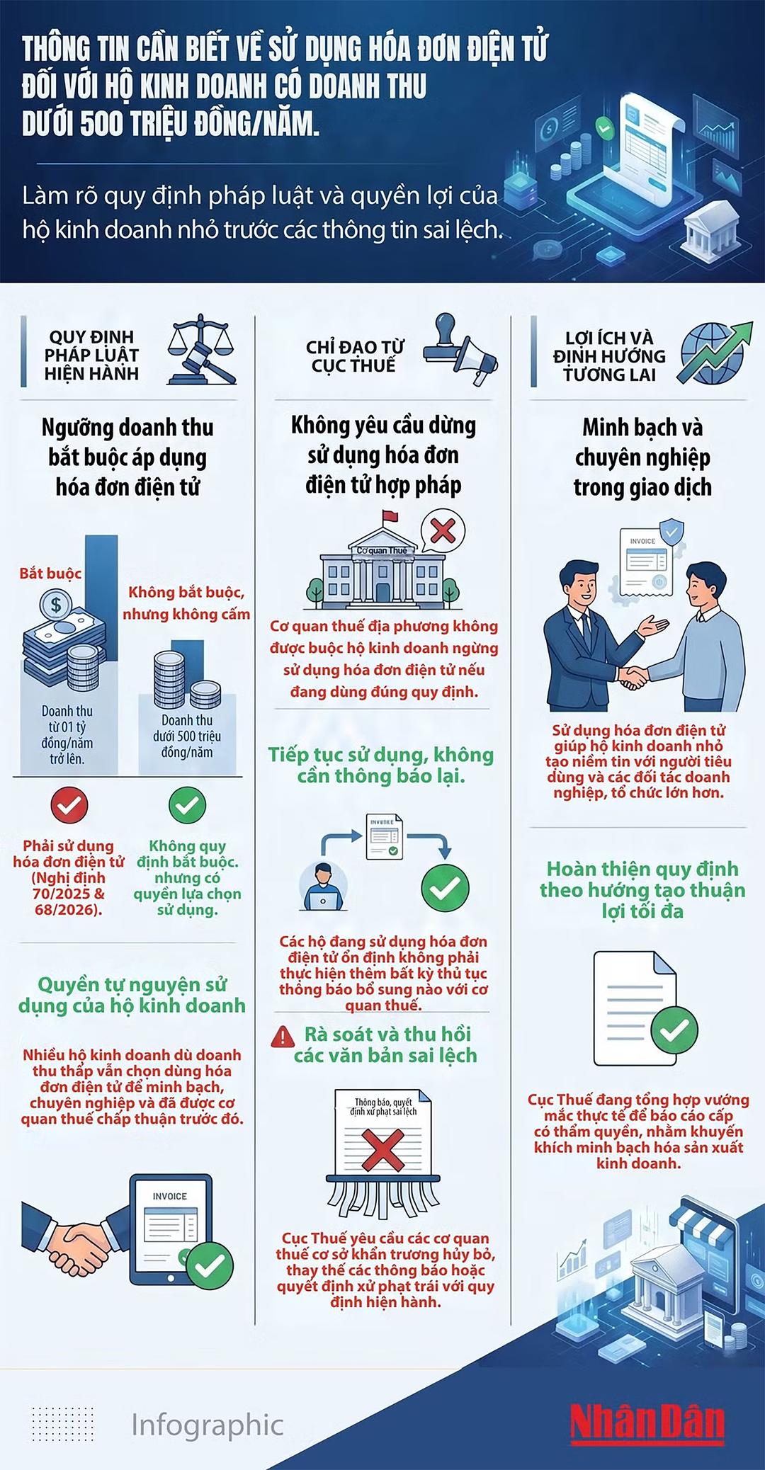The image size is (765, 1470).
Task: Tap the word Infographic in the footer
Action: (x=208, y=1425)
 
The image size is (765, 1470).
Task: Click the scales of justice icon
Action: (x=201, y=349)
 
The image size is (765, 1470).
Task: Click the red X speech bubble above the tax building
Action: (x=443, y=531)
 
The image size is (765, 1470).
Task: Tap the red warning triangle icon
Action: (x=283, y=1037)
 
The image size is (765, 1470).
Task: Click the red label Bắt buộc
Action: (x=50, y=574)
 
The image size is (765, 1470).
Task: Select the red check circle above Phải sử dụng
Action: (x=69, y=805)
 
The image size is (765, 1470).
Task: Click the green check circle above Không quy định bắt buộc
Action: (x=187, y=805)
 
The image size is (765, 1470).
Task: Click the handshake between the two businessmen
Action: (x=633, y=676)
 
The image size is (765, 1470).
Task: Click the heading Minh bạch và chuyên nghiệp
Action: (x=642, y=457)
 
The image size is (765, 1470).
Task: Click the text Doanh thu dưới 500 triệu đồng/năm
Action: (x=187, y=736)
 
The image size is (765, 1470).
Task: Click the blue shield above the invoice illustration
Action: (x=671, y=531)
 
